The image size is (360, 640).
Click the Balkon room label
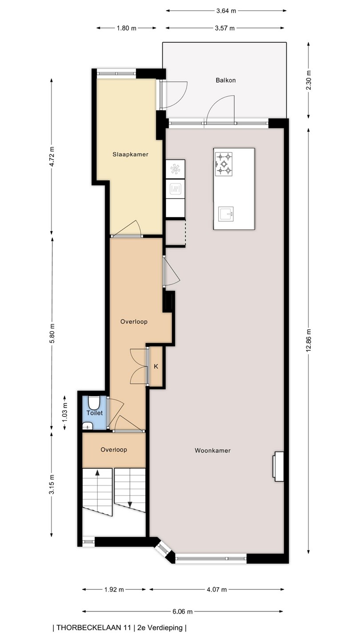point(225,80)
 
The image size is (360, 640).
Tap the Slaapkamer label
point(130,155)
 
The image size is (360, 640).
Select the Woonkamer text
point(212,451)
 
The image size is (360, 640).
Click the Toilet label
point(95,413)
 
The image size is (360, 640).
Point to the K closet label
point(156,366)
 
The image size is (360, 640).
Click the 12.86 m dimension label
point(308,340)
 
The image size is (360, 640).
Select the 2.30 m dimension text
point(308,80)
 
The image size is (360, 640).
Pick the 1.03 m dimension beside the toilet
point(65,412)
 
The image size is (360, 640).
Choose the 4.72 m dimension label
point(52,156)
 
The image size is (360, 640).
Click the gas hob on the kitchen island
point(224,164)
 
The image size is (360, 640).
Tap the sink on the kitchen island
point(226,214)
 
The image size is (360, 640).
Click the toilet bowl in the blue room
point(93,403)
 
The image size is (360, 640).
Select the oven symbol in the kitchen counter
point(175,189)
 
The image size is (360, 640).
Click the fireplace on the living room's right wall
point(278,467)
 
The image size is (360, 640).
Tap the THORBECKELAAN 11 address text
point(94,628)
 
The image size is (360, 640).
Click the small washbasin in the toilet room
point(88,426)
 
